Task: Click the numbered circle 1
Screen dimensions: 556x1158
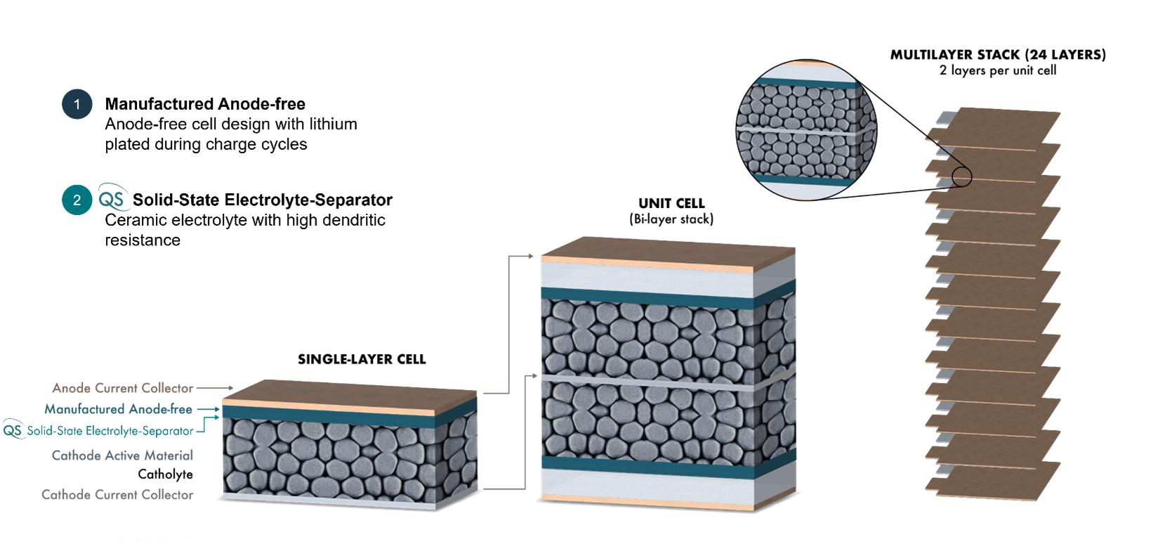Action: click(x=77, y=104)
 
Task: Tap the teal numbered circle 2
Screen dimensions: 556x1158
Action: click(x=77, y=200)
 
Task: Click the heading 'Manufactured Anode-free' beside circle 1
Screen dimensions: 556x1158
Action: click(x=205, y=104)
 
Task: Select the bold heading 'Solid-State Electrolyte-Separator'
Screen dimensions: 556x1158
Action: click(x=262, y=200)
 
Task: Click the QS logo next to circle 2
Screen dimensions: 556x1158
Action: click(x=112, y=199)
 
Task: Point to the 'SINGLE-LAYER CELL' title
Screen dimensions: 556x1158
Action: click(x=362, y=359)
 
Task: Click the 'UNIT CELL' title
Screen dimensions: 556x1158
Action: click(x=671, y=203)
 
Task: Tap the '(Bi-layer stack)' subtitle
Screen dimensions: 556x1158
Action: click(x=671, y=219)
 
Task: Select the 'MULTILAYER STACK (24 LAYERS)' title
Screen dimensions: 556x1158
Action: click(x=997, y=55)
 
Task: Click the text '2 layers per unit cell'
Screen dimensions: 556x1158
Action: click(x=997, y=70)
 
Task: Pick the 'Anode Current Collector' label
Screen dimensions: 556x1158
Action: click(x=122, y=388)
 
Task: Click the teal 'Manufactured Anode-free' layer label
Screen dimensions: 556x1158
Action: click(x=118, y=409)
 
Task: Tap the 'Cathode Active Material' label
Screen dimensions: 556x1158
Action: click(x=122, y=455)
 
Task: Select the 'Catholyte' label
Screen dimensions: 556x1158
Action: click(x=165, y=474)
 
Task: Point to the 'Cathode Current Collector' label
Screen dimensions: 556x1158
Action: click(x=117, y=495)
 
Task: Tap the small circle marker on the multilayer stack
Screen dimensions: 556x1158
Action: click(x=961, y=176)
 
